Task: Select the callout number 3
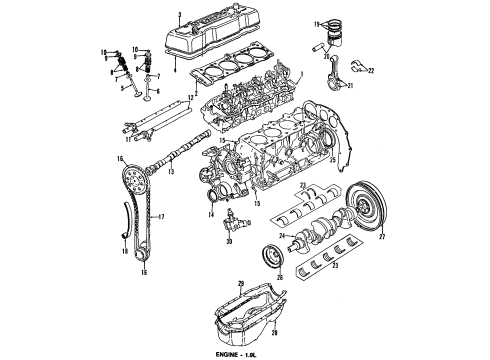click(179, 13)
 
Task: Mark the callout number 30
click(229, 241)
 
